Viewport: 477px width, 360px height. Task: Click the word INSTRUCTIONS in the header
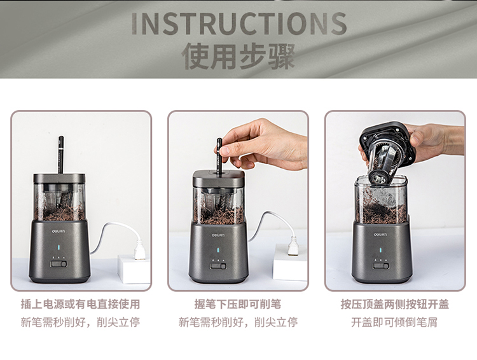coord(239,24)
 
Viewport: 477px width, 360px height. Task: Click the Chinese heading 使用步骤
coord(238,57)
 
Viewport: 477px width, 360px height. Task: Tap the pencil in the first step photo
coord(61,155)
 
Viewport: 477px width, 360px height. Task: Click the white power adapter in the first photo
coord(134,269)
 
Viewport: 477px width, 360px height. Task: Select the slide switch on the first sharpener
coord(59,263)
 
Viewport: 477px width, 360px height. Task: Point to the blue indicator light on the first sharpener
coord(59,248)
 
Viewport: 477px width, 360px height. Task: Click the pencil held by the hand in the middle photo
coord(219,156)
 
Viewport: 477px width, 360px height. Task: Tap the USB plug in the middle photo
coord(294,246)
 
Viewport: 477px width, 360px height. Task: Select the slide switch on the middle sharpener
coord(218,267)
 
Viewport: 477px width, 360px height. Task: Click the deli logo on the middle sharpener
coord(218,235)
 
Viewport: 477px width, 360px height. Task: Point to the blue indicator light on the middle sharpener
coord(218,251)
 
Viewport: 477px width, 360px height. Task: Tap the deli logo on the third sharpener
coord(380,235)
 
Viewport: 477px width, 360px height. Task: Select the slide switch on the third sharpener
coord(381,266)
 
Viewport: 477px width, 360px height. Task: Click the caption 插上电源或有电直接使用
coord(80,304)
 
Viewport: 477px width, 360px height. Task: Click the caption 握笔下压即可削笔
coord(238,304)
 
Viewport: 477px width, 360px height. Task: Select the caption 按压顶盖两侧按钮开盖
coord(395,304)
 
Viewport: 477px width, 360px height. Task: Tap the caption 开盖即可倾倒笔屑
coord(394,322)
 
